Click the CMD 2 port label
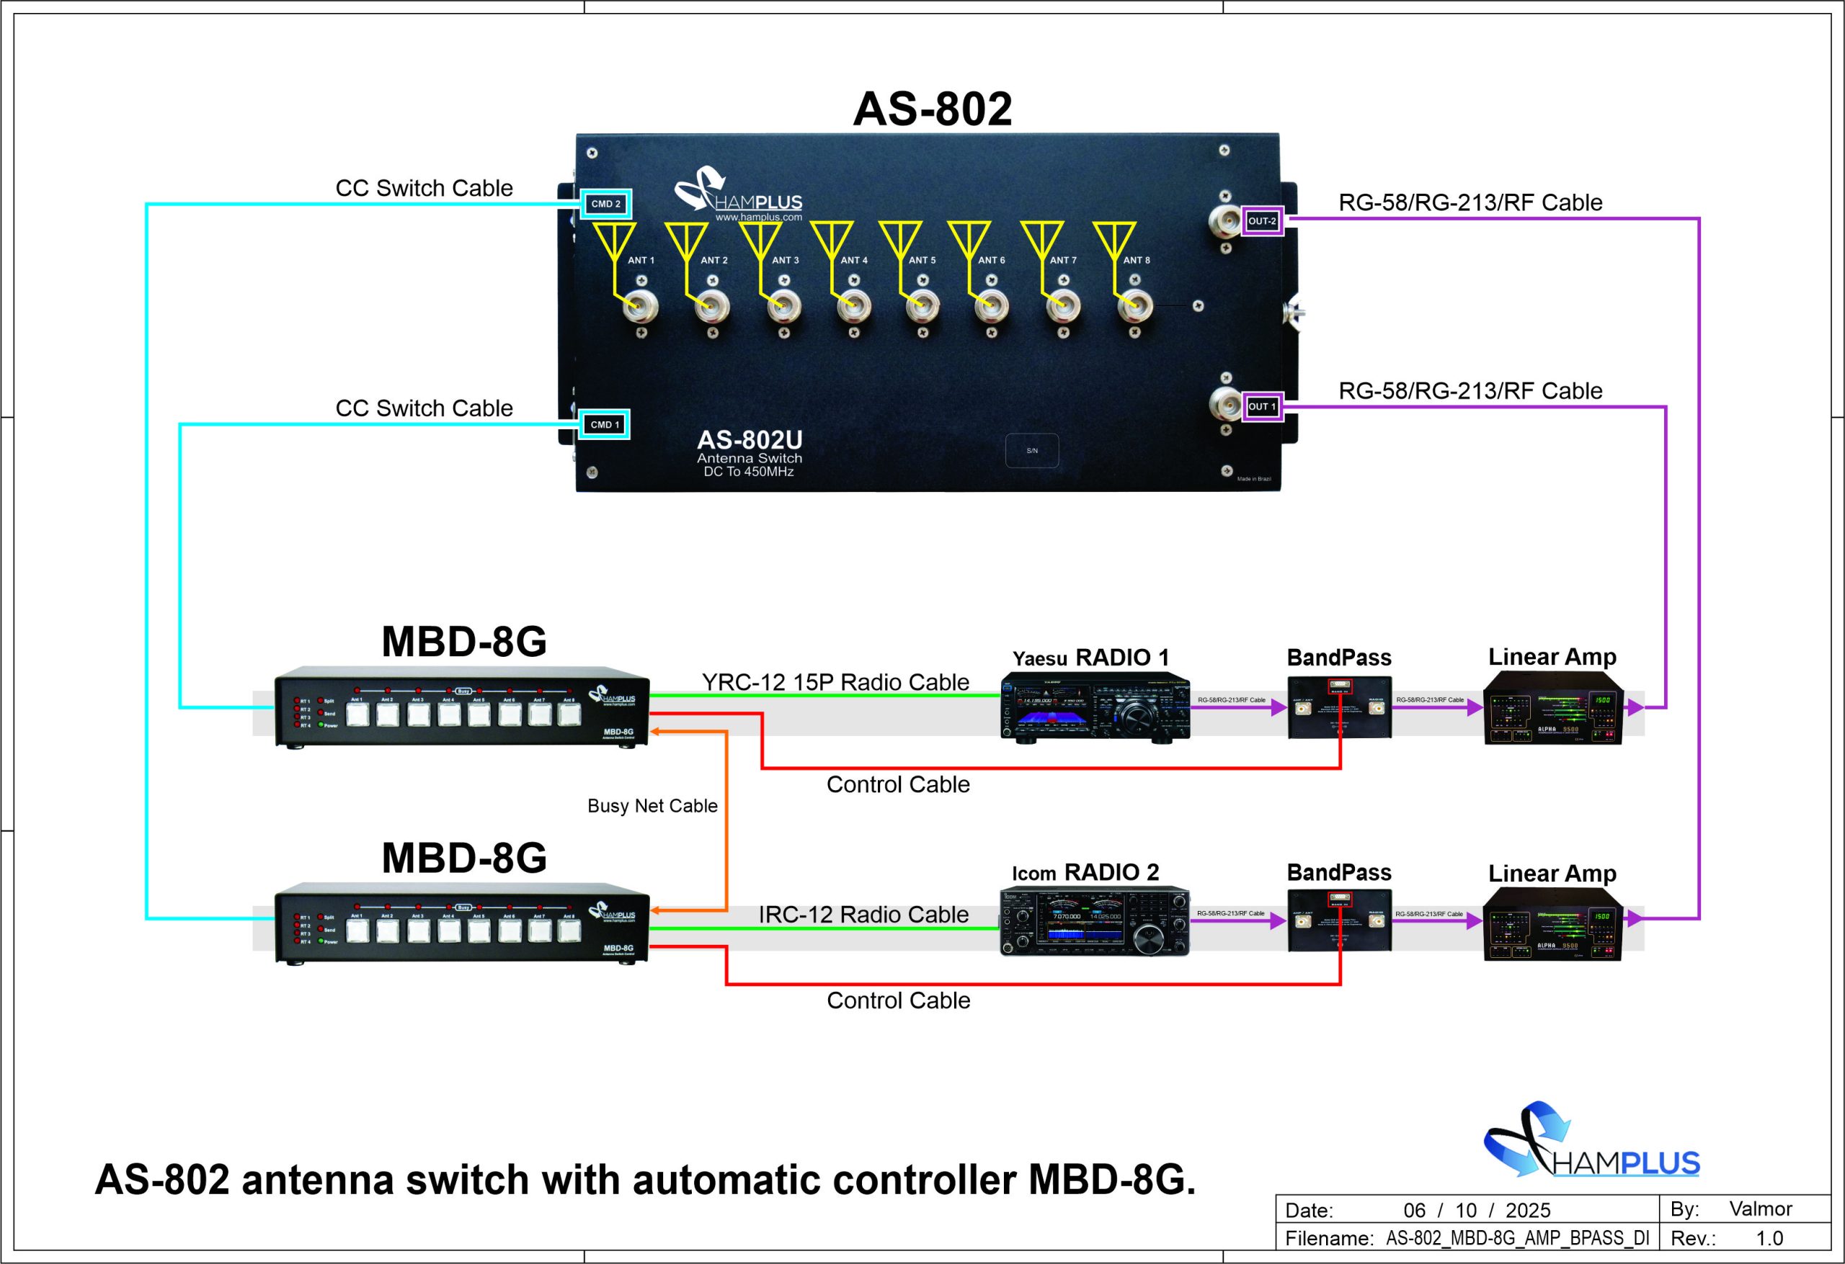[605, 204]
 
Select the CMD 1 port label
[605, 424]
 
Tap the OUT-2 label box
[1261, 221]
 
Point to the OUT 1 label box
[1261, 407]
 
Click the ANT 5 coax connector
[922, 305]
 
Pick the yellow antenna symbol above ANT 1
[616, 242]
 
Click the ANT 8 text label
[1136, 260]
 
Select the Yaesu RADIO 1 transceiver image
[1095, 707]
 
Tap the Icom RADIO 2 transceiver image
[1094, 921]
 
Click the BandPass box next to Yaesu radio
[1339, 707]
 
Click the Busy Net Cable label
[652, 806]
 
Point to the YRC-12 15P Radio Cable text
[835, 682]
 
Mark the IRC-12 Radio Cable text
[863, 915]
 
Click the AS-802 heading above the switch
[932, 109]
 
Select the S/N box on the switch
[1031, 451]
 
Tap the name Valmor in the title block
[1760, 1209]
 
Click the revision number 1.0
[1769, 1238]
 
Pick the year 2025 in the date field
[1527, 1210]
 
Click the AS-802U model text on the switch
[750, 439]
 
